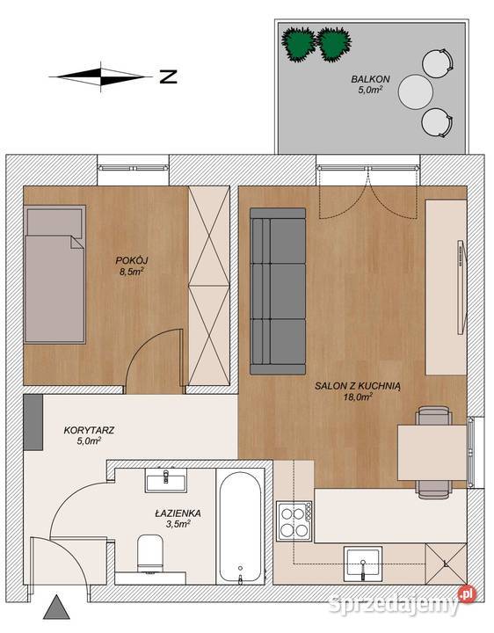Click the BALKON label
click(370, 79)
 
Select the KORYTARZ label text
click(89, 430)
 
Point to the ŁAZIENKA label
click(178, 513)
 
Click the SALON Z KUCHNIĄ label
click(358, 386)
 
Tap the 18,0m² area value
click(358, 397)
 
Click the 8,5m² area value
click(131, 272)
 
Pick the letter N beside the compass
click(168, 76)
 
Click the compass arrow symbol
click(100, 76)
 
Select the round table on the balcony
click(416, 91)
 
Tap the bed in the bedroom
click(54, 274)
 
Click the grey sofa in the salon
click(278, 291)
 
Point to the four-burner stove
click(294, 521)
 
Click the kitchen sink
click(363, 564)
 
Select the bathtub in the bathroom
click(241, 527)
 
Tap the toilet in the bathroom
click(150, 553)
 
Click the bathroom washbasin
click(166, 480)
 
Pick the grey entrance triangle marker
click(57, 608)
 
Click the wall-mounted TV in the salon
click(461, 287)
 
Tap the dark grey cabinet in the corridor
click(33, 422)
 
